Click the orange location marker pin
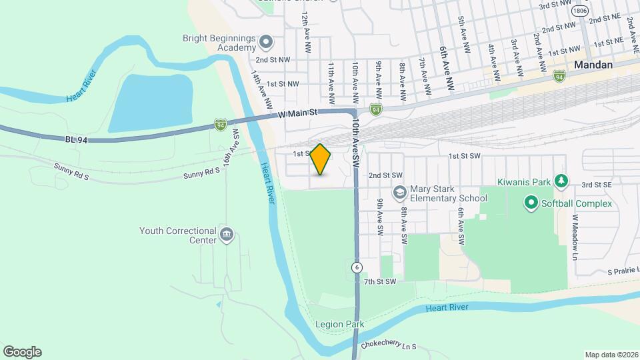pyautogui.click(x=321, y=160)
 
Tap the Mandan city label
pyautogui.click(x=593, y=65)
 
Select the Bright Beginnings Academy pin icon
pyautogui.click(x=266, y=43)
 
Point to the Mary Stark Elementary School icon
pyautogui.click(x=399, y=192)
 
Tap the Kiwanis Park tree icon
pyautogui.click(x=561, y=181)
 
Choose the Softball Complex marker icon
pyautogui.click(x=531, y=202)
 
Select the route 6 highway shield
pyautogui.click(x=358, y=267)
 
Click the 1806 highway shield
pyautogui.click(x=581, y=11)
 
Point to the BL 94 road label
pyautogui.click(x=77, y=139)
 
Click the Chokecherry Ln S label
pyautogui.click(x=388, y=346)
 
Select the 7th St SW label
pyautogui.click(x=380, y=282)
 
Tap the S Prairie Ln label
pyautogui.click(x=619, y=272)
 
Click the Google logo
pyautogui.click(x=22, y=352)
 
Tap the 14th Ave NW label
pyautogui.click(x=261, y=90)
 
